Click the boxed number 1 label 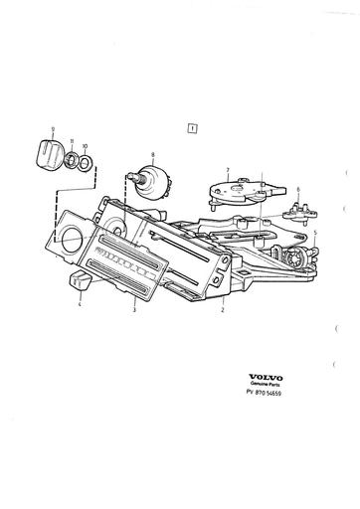coord(190,127)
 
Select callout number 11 coord(72,142)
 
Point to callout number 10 coord(85,143)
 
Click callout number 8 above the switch coord(152,154)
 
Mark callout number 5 coord(315,234)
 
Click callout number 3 coord(135,311)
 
